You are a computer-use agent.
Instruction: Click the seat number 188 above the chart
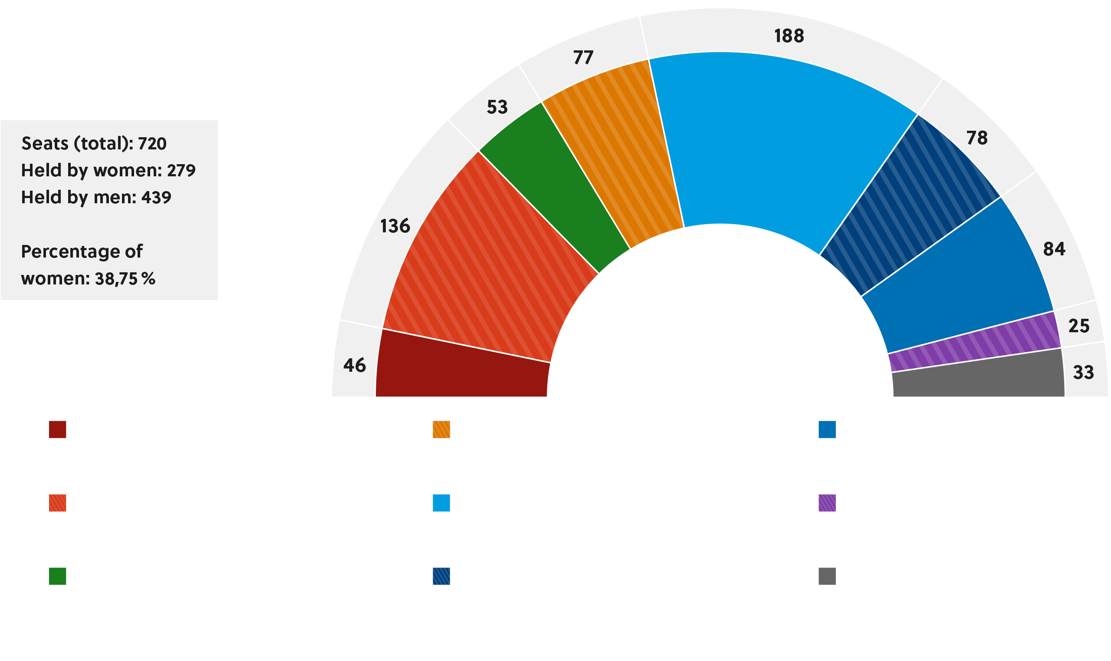[x=789, y=36]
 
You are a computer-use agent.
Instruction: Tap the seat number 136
[x=395, y=226]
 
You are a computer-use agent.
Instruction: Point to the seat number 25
[x=1078, y=326]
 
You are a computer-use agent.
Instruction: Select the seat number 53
[x=497, y=107]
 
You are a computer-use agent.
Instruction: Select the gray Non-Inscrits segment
[x=979, y=377]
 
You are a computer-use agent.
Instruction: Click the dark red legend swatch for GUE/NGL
[x=57, y=430]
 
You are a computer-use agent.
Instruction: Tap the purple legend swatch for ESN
[x=827, y=503]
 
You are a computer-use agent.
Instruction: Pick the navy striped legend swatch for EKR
[x=441, y=576]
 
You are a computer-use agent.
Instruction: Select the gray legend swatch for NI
[x=827, y=576]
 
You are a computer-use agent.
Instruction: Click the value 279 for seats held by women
[x=181, y=171]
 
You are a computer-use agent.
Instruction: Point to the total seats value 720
[x=152, y=144]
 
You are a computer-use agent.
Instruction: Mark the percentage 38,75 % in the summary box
[x=125, y=279]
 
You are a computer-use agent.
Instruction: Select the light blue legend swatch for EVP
[x=441, y=503]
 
